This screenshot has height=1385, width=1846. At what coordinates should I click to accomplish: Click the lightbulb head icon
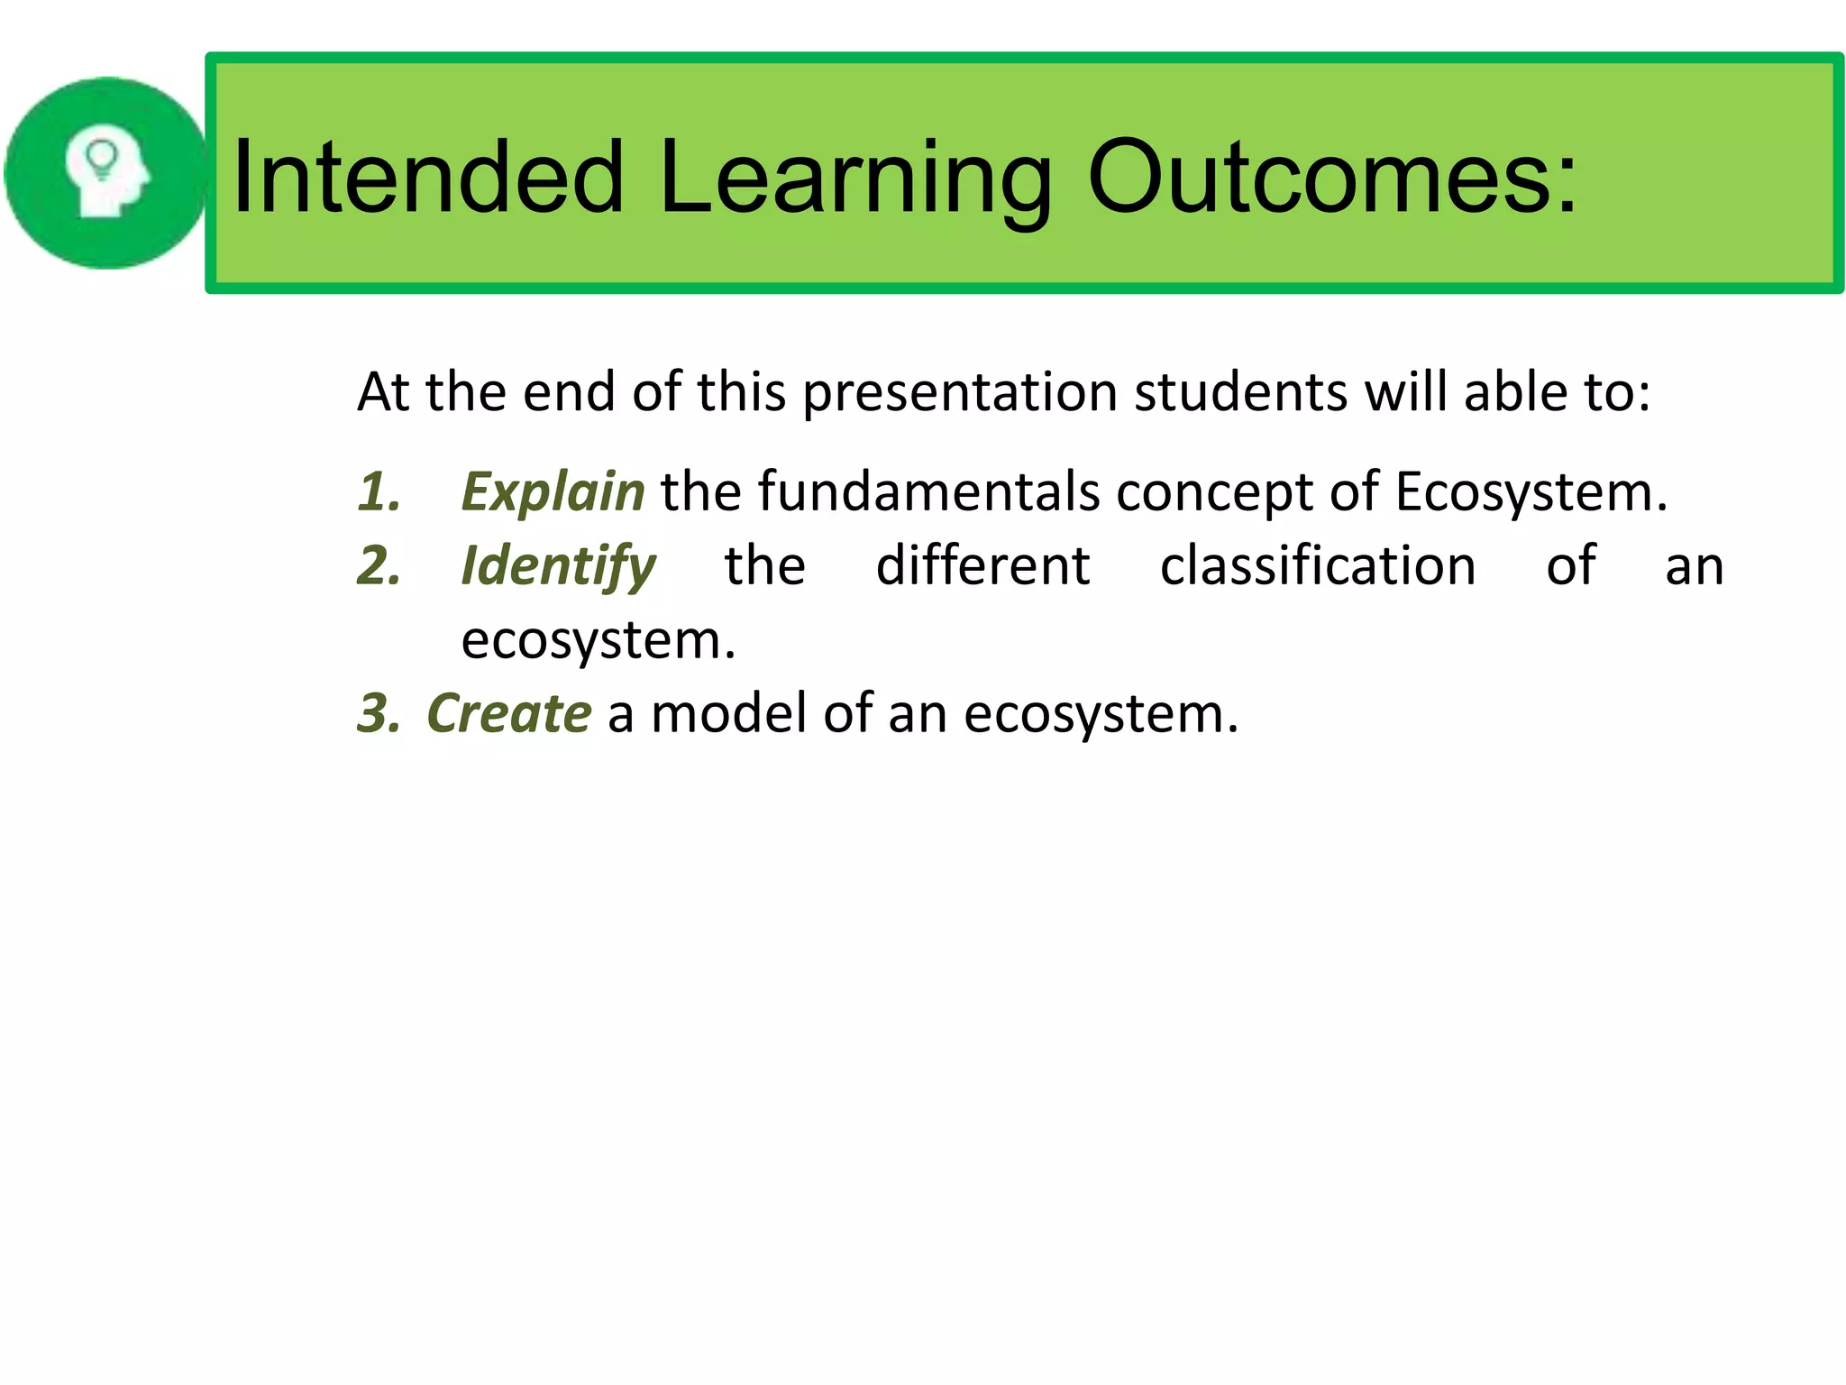pyautogui.click(x=106, y=173)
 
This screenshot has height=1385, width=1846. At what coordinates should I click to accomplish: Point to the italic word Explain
pyautogui.click(x=553, y=492)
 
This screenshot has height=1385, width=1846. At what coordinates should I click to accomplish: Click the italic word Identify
pyautogui.click(x=558, y=567)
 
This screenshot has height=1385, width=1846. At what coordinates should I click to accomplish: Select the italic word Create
pyautogui.click(x=509, y=713)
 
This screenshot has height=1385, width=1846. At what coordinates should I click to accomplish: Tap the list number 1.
pyautogui.click(x=379, y=492)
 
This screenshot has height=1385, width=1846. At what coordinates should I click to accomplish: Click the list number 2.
pyautogui.click(x=379, y=567)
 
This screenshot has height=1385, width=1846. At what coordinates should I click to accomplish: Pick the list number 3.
pyautogui.click(x=379, y=713)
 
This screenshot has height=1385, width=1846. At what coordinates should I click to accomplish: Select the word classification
pyautogui.click(x=1317, y=567)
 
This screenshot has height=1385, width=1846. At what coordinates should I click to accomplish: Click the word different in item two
pyautogui.click(x=982, y=567)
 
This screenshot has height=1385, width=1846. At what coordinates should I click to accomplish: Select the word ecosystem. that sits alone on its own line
pyautogui.click(x=598, y=641)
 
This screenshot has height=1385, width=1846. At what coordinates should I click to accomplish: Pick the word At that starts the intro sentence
pyautogui.click(x=383, y=393)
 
